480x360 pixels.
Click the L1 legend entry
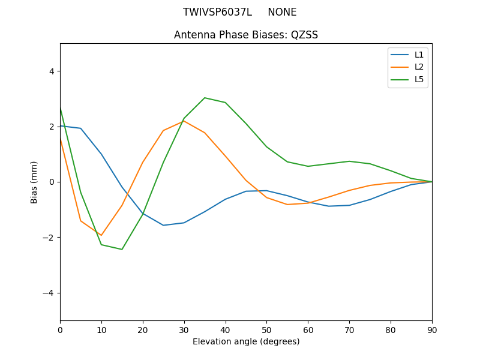[419, 55]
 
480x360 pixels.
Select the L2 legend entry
[419, 67]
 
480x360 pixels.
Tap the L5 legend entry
[419, 79]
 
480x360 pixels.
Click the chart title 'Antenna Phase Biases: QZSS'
[246, 35]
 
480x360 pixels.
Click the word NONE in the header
[282, 12]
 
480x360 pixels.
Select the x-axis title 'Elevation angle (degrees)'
[246, 341]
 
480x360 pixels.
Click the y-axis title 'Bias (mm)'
[35, 182]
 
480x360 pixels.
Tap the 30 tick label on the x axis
[184, 329]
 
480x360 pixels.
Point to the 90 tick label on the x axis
[432, 329]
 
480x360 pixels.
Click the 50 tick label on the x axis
[266, 329]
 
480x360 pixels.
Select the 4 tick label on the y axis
[52, 71]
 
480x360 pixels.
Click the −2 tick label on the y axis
[49, 237]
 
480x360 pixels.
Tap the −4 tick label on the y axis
[49, 293]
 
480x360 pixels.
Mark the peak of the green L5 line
[205, 98]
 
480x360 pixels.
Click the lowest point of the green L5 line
[122, 249]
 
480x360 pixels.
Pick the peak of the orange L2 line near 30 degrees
[184, 121]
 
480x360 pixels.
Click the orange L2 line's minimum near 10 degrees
[101, 235]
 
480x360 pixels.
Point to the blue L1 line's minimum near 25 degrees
[163, 225]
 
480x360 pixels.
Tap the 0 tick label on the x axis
[60, 329]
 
